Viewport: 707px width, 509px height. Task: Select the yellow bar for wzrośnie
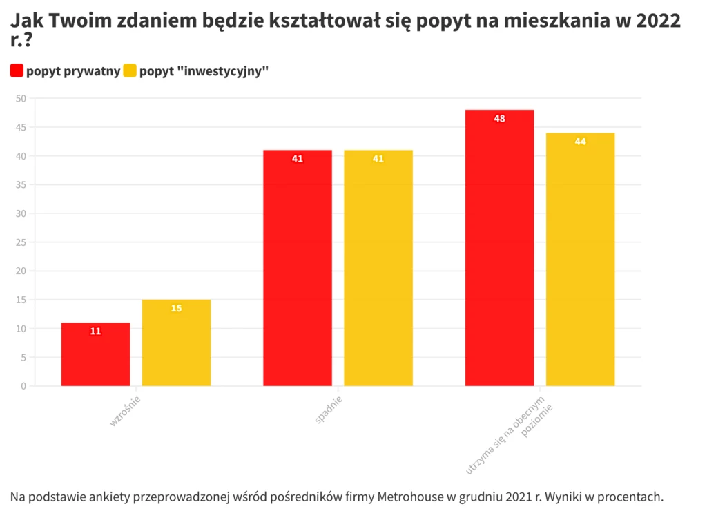tap(176, 343)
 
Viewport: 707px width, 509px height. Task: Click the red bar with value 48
tap(499, 248)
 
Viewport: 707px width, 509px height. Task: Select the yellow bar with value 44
tap(580, 259)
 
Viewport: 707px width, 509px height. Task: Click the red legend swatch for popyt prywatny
tap(17, 70)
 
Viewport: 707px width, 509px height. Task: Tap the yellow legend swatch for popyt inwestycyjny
tap(130, 70)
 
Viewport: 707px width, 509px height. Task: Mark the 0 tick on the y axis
tap(23, 386)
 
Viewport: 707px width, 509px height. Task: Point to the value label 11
tap(95, 332)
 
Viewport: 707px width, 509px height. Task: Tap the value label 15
tap(176, 308)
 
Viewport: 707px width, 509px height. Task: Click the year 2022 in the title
tap(658, 21)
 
